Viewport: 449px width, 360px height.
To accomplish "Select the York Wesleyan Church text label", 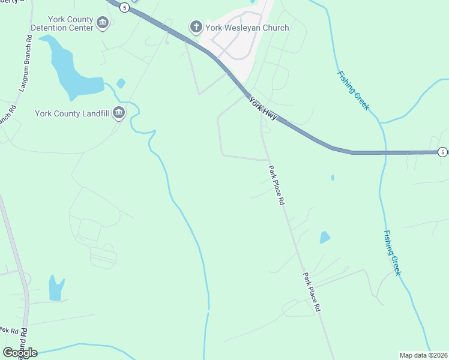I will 247,28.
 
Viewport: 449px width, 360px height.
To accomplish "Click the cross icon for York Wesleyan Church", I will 196,27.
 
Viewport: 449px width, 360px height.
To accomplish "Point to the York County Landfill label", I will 73,113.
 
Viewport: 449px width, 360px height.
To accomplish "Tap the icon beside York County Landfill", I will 118,112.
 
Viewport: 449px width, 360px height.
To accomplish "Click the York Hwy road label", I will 263,109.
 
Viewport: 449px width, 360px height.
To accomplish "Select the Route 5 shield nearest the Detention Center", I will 124,7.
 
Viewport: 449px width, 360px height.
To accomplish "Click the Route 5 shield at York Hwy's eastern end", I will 442,152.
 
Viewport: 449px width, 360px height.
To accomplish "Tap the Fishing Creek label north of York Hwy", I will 353,91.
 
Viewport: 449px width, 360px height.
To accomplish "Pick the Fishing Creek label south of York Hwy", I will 392,253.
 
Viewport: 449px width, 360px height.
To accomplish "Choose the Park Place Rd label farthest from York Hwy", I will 311,292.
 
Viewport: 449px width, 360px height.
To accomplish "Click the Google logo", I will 20,353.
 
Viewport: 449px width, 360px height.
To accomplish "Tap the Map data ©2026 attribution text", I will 424,355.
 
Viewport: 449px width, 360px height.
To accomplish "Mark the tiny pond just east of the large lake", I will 121,83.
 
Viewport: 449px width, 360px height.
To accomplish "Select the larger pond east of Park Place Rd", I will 325,237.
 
